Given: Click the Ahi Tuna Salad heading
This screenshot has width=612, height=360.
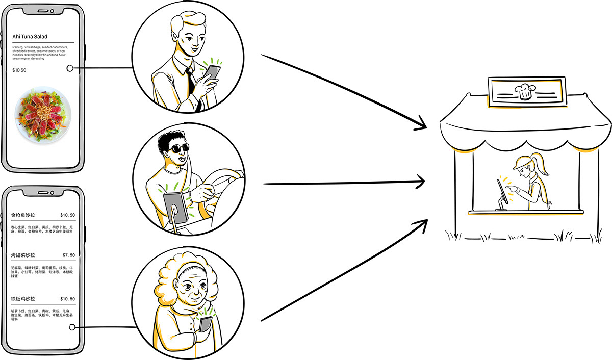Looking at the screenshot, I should coord(30,37).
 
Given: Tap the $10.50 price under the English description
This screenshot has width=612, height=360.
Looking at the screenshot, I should coord(19,70).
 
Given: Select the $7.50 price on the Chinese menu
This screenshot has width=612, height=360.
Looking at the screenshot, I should coord(68,255).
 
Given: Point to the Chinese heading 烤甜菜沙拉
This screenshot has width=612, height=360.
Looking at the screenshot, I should coord(24,255).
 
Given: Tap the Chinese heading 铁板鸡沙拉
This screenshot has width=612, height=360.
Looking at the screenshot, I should coord(24,299).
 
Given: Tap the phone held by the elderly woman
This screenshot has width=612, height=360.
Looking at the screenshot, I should coord(206,324).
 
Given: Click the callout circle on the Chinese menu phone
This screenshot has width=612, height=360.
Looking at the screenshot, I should coord(72,327).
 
